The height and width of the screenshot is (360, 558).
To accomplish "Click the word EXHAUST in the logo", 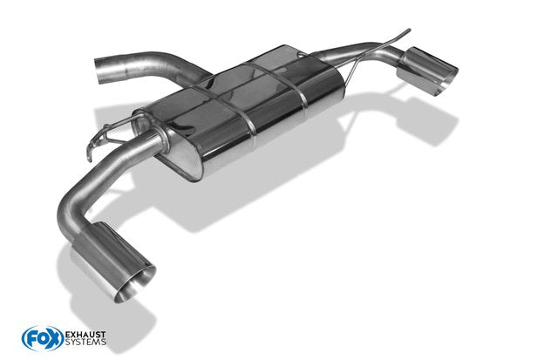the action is pyautogui.click(x=85, y=335).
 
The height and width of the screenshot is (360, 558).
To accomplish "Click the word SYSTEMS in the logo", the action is pyautogui.click(x=85, y=342).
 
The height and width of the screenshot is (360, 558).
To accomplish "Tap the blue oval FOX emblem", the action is pyautogui.click(x=43, y=338).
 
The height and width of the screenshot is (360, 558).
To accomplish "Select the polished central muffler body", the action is pyautogui.click(x=242, y=106).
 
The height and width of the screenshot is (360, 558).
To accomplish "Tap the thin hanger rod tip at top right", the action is pyautogui.click(x=409, y=31).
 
